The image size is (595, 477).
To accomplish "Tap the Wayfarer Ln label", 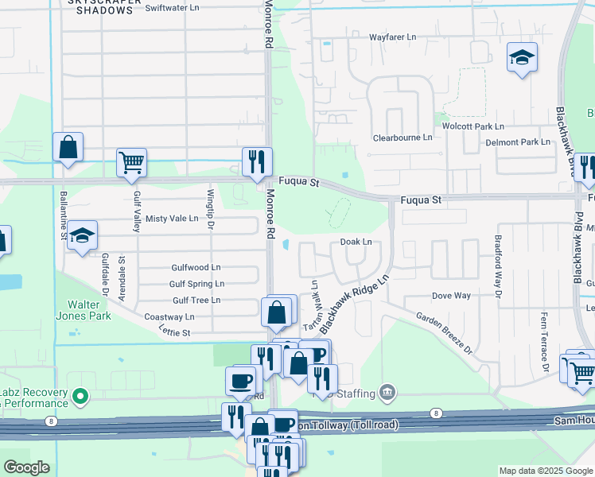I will pos(392,37).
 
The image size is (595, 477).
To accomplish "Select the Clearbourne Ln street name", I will pos(402,138).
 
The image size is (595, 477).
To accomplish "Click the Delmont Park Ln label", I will pos(518,142).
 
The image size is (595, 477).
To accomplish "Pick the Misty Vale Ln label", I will pos(171,219).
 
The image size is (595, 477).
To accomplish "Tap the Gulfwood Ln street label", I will pos(196,268).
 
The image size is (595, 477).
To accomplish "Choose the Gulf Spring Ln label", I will pos(196,284).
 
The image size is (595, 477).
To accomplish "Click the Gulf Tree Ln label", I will pos(196,300).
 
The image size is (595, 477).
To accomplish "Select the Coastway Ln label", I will pos(169,316).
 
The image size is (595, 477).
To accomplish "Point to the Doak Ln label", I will pos(356,242).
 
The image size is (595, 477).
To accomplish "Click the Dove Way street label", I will pos(451,296).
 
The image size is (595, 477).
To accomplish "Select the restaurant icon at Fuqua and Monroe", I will pos(257,161).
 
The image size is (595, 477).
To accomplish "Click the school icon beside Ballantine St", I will pos(82,235).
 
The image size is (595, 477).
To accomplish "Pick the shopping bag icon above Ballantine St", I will pos(68,147).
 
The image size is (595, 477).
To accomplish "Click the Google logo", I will pos(26,467).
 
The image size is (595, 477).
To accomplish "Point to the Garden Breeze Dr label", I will pos(445,332).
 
